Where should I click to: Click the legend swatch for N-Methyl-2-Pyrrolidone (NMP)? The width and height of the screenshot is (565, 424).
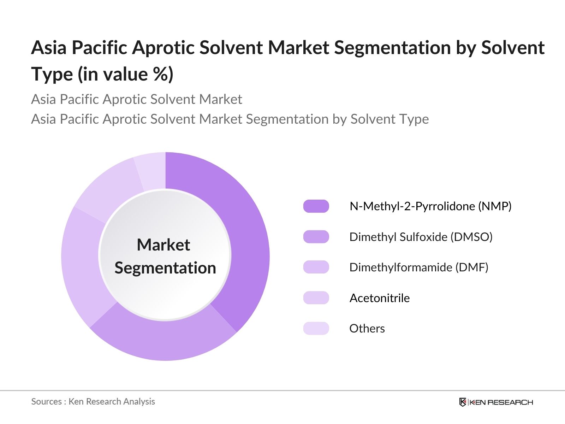(316, 206)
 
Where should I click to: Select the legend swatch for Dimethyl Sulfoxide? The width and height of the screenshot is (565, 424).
(316, 237)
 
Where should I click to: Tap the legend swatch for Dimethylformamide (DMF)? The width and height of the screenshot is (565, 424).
(316, 267)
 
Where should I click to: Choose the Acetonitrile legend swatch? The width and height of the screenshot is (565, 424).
(316, 298)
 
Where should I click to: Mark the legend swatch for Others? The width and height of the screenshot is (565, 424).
(316, 329)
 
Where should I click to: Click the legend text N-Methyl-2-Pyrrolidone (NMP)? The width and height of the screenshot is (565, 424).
(430, 206)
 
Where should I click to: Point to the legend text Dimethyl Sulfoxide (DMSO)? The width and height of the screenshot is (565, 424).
(421, 237)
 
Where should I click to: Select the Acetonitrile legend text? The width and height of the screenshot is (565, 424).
(379, 298)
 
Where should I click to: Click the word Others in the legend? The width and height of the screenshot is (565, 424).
(367, 329)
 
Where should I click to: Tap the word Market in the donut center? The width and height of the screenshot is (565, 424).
(163, 245)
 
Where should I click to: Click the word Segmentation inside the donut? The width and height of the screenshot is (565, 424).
(165, 268)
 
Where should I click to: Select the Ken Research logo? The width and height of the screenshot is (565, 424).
(496, 402)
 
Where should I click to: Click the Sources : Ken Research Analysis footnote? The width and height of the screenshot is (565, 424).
(93, 402)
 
